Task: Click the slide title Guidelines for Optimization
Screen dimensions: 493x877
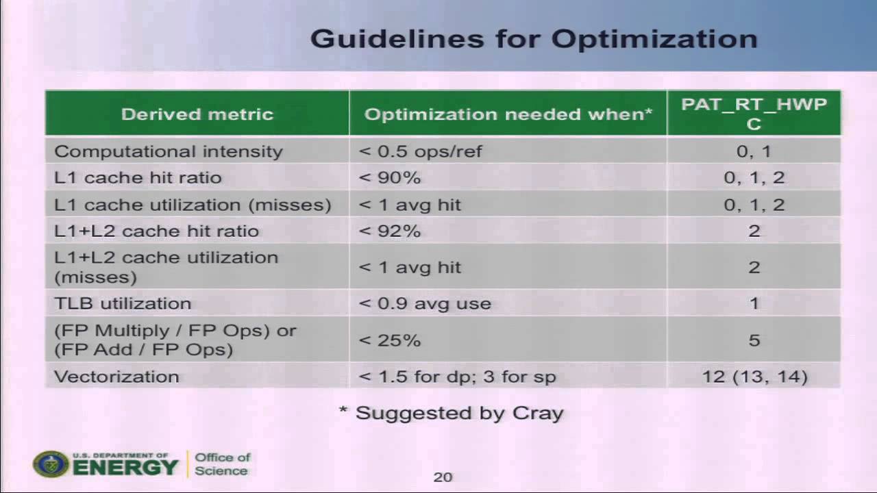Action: click(534, 39)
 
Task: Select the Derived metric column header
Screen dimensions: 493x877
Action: click(197, 114)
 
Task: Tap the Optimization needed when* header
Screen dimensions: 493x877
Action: click(508, 114)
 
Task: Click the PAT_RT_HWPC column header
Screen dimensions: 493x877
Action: click(754, 114)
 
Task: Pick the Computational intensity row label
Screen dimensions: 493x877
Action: click(168, 151)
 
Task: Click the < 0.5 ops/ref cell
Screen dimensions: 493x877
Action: click(420, 151)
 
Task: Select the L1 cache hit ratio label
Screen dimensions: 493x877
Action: click(138, 178)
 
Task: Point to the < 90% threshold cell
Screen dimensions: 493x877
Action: click(389, 178)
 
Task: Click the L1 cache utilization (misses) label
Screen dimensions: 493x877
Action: click(193, 205)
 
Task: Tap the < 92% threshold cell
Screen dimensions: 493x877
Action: click(389, 231)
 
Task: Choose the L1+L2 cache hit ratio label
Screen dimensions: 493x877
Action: click(156, 231)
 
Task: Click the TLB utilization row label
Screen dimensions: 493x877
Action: click(123, 303)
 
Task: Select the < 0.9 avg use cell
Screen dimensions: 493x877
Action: click(425, 303)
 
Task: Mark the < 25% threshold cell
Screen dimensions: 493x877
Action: click(389, 340)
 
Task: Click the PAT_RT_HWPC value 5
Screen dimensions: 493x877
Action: click(754, 340)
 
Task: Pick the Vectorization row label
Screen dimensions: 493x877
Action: click(116, 377)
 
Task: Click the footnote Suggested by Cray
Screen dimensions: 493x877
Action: click(452, 413)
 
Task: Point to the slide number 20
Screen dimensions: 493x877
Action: click(443, 477)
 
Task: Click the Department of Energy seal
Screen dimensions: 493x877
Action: click(51, 464)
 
